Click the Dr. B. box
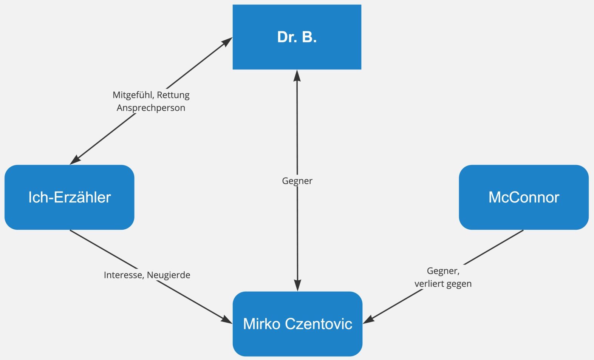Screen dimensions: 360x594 tap(297, 37)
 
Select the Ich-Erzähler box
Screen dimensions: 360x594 tap(69, 197)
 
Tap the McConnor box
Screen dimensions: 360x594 tap(523, 197)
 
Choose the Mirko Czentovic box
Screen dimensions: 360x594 tap(297, 324)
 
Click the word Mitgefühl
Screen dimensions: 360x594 tap(133, 95)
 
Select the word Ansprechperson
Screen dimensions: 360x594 tap(151, 108)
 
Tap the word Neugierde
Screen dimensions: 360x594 tap(168, 275)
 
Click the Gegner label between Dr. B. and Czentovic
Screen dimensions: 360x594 tap(297, 181)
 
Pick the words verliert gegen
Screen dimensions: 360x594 tap(443, 284)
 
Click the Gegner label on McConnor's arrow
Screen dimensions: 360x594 tap(443, 271)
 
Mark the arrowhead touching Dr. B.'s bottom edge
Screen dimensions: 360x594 tap(297, 75)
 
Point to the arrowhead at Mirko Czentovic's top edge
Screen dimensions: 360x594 tap(297, 286)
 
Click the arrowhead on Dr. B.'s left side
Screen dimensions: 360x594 tap(227, 41)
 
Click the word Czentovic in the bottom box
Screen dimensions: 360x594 tap(319, 324)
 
